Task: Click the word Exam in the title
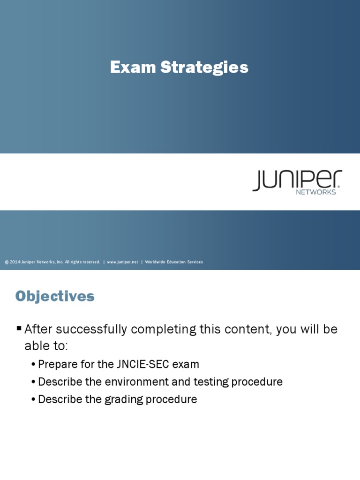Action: pyautogui.click(x=126, y=67)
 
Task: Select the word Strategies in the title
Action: pyautogui.click(x=204, y=67)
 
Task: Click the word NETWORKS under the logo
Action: pyautogui.click(x=316, y=192)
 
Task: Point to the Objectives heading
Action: pyautogui.click(x=55, y=296)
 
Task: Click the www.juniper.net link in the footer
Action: pyautogui.click(x=122, y=262)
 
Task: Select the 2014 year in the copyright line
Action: pyautogui.click(x=15, y=262)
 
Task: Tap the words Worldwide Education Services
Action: pyautogui.click(x=174, y=262)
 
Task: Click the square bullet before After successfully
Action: pyautogui.click(x=19, y=328)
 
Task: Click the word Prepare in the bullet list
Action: pyautogui.click(x=56, y=364)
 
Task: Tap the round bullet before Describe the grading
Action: pyautogui.click(x=33, y=400)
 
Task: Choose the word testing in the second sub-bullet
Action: pyautogui.click(x=207, y=382)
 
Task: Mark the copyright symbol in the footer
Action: pyautogui.click(x=7, y=262)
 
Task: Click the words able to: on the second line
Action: pyautogui.click(x=46, y=346)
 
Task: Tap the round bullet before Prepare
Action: pyautogui.click(x=33, y=365)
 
